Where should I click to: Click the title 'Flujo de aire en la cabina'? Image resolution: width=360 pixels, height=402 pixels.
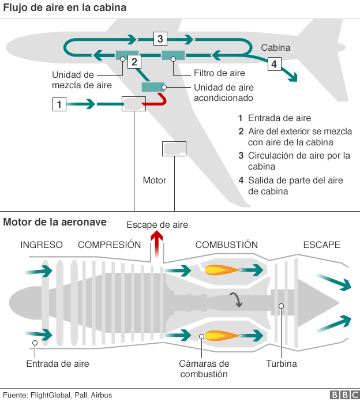coord(65,8)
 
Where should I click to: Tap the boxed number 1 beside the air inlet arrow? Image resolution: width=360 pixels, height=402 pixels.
coord(59,104)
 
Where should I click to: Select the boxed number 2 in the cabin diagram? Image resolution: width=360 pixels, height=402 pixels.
coord(134,62)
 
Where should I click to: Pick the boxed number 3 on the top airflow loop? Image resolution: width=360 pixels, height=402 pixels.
coord(160,39)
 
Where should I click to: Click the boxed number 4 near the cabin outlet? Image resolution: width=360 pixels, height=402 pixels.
coord(274,63)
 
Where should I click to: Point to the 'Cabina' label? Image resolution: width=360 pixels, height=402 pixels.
coord(276,48)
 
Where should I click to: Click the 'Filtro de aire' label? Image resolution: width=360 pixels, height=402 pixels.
coord(219,73)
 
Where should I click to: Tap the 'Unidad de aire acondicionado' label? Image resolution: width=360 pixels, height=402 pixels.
coord(223,93)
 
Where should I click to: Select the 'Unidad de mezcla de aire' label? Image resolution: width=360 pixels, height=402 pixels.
coord(73,80)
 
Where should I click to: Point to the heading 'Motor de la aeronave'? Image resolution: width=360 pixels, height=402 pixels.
coord(54,223)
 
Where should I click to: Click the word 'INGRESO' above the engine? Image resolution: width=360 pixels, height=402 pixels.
coord(42,245)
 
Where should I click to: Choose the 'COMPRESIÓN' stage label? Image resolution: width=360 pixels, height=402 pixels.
coord(109,245)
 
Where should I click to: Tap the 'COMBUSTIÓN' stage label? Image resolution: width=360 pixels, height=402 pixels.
coord(226,245)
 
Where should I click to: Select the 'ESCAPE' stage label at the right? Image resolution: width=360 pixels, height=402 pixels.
coord(321,245)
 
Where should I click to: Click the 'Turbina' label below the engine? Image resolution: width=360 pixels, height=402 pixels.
coord(281,364)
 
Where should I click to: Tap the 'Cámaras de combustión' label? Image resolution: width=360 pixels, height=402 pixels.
coord(204,369)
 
